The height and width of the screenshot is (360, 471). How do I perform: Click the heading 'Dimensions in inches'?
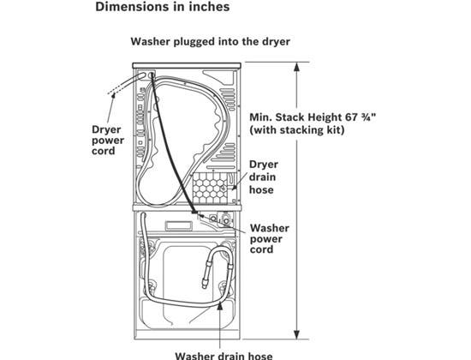click(163, 7)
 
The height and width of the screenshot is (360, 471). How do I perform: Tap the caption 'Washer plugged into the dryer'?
click(211, 41)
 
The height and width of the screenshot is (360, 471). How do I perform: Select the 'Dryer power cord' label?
click(108, 141)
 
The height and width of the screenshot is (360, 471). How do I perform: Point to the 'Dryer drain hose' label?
click(264, 177)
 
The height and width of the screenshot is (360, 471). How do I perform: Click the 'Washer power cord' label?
click(270, 239)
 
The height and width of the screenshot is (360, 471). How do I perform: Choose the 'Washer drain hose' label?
click(224, 356)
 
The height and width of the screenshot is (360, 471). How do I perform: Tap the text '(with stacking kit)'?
click(297, 130)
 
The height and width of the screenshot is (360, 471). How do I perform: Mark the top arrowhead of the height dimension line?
click(297, 67)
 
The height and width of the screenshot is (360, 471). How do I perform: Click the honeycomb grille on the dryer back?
click(210, 189)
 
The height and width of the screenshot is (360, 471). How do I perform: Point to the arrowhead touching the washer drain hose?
click(220, 305)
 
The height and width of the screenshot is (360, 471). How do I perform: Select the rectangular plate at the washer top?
click(178, 225)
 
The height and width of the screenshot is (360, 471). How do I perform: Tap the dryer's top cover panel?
click(187, 65)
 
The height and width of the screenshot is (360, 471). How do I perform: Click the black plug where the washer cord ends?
click(194, 212)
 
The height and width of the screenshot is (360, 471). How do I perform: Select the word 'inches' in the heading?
click(209, 7)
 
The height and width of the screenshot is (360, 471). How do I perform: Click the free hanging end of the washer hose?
click(205, 285)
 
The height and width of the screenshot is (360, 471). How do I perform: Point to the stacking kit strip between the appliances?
click(187, 207)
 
